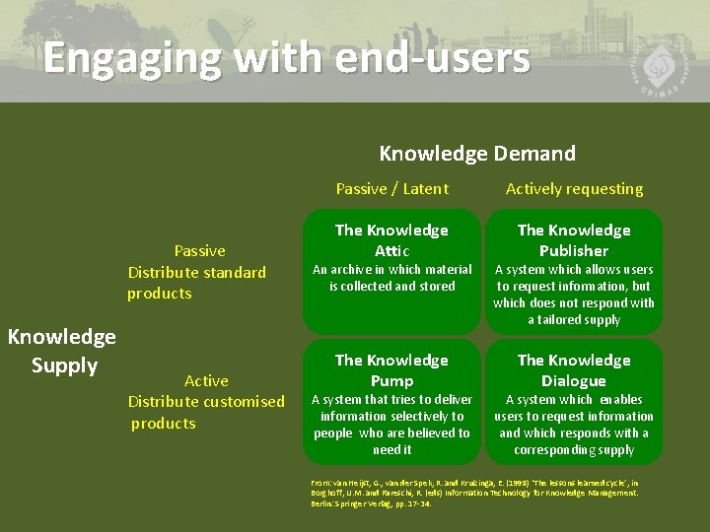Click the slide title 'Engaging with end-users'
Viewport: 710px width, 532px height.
click(286, 58)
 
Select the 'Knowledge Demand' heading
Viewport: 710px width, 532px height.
click(477, 154)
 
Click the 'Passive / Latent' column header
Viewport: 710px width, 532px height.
click(391, 189)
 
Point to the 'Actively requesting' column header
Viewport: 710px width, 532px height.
click(574, 189)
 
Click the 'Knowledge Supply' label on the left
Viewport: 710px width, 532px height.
click(61, 351)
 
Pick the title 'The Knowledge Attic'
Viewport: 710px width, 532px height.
click(391, 240)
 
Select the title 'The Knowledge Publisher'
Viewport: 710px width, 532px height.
click(574, 240)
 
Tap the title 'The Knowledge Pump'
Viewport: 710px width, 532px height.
click(391, 370)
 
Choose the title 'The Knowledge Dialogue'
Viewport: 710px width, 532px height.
click(574, 370)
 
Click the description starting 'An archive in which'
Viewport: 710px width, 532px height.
click(391, 278)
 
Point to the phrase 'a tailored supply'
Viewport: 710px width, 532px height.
click(574, 320)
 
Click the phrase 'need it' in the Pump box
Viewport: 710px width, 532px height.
click(391, 450)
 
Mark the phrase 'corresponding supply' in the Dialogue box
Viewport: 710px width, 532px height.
click(574, 450)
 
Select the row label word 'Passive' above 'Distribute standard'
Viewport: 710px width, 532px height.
click(199, 251)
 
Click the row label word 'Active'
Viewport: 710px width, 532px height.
click(206, 381)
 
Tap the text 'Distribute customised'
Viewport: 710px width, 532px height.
click(206, 402)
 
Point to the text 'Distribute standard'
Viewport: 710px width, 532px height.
click(197, 273)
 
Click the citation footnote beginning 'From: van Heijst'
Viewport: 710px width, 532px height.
click(475, 492)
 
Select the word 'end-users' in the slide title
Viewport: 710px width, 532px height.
click(432, 58)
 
